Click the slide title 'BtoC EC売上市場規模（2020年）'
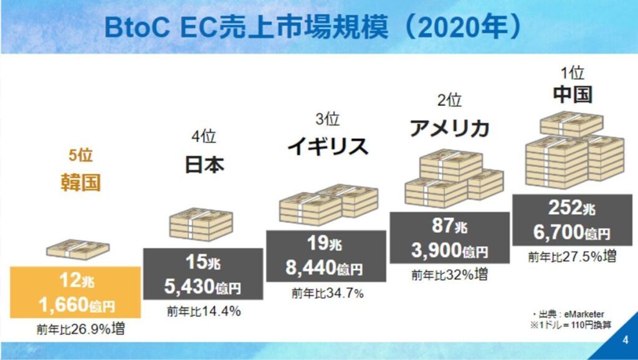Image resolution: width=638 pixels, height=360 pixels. [312, 27]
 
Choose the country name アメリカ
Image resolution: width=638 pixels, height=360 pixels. [449, 128]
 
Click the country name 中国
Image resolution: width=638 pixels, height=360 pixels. [572, 95]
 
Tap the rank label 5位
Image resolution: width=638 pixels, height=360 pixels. [80, 156]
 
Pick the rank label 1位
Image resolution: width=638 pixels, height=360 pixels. [572, 73]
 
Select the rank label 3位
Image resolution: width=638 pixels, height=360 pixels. [326, 118]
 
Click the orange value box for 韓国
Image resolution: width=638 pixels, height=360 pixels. [75, 291]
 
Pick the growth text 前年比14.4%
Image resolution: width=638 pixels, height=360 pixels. [203, 311]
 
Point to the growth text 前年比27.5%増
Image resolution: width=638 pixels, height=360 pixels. [573, 256]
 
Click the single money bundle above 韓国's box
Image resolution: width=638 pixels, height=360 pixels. [77, 249]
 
